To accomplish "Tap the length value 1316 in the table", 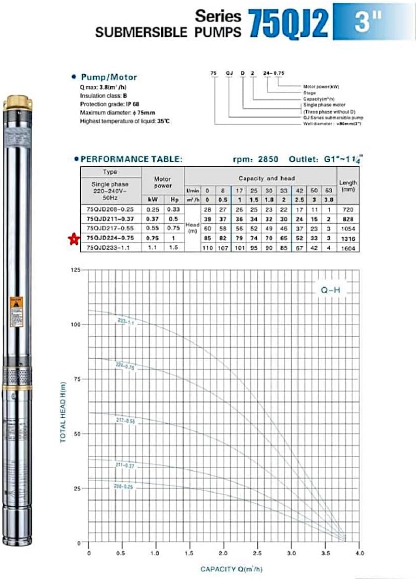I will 348,239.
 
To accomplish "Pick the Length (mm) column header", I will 348,186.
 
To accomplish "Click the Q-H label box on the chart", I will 330,290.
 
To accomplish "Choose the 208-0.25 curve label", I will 123,487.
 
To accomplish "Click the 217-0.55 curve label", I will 125,421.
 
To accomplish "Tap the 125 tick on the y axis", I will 75,270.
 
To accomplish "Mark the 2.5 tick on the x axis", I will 257,553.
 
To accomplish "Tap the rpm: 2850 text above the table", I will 255,159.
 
